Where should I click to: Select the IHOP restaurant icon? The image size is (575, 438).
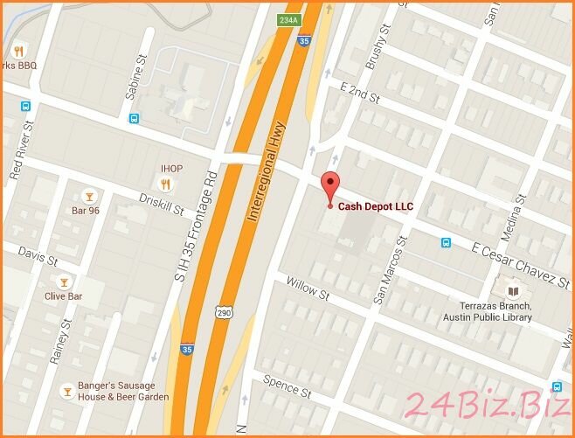coord(164,184)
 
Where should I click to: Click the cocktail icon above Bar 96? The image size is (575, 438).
coord(87,196)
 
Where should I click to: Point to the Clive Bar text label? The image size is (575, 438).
coord(63,296)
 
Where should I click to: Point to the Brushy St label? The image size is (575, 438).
coord(377,52)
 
